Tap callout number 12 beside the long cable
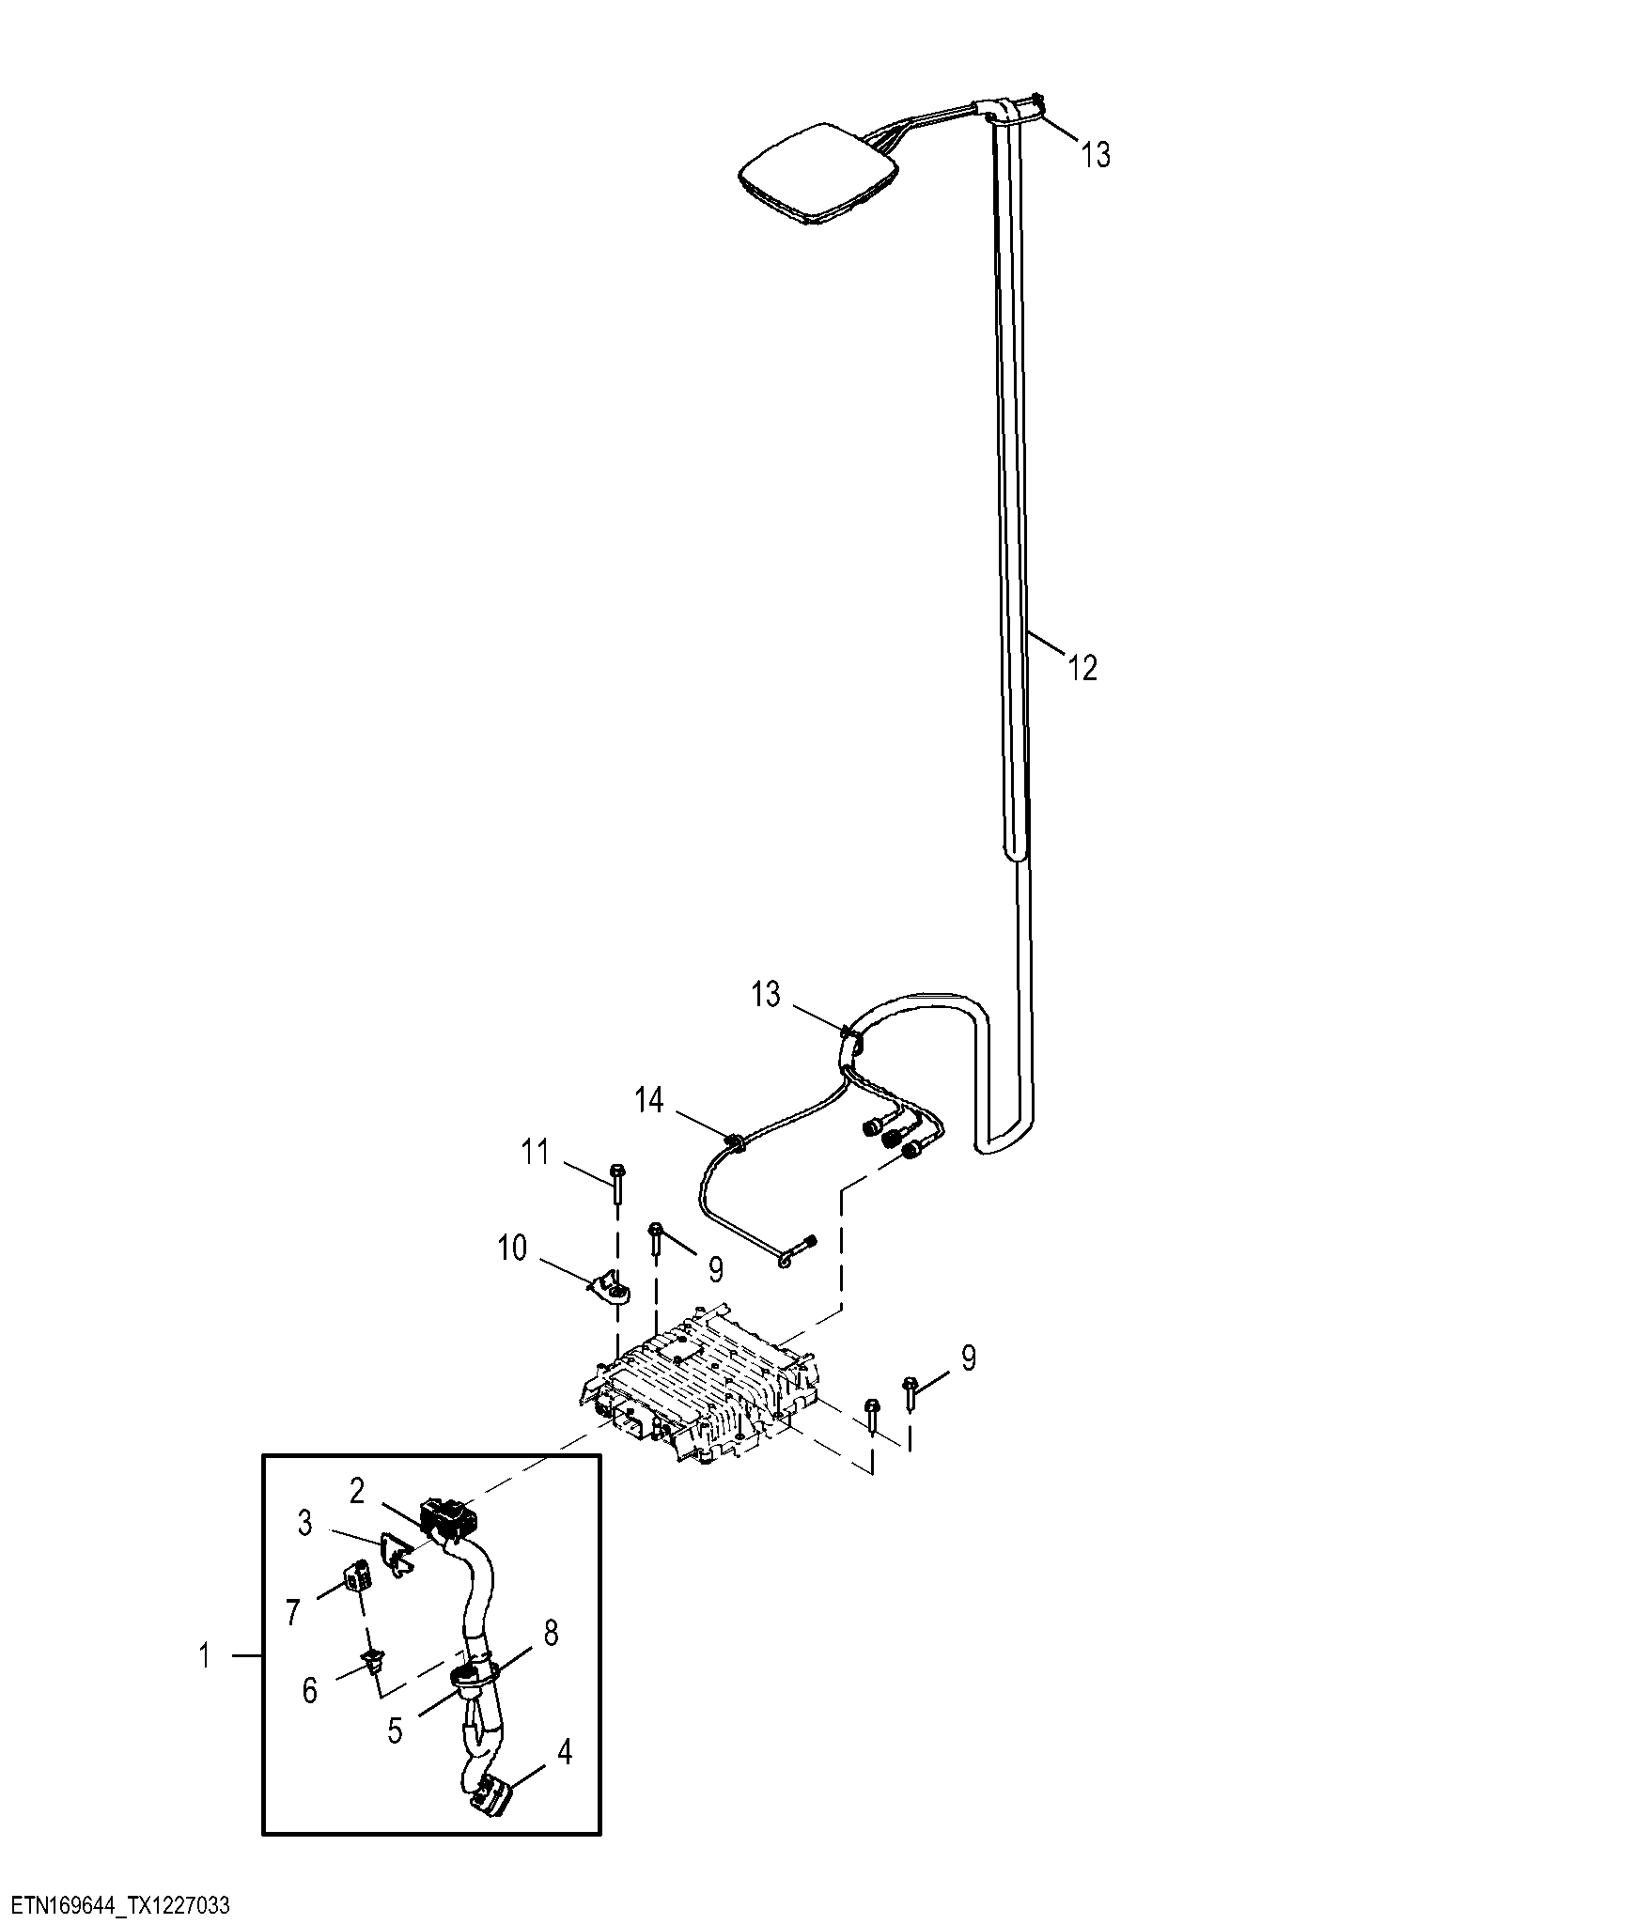1082,668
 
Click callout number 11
536,1152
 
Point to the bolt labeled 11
617,1182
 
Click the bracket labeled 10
611,1289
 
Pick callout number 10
512,1249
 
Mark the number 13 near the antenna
1095,155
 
